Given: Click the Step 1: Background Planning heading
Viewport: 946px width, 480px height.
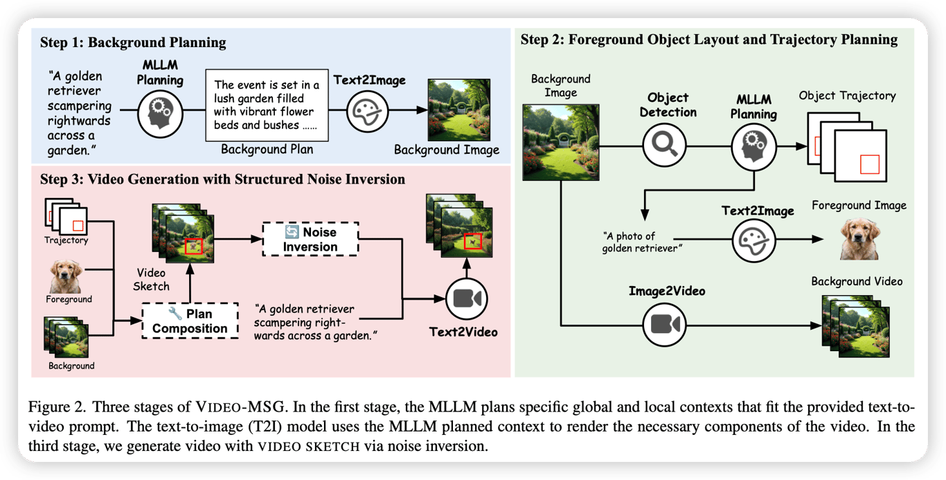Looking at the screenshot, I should click(133, 43).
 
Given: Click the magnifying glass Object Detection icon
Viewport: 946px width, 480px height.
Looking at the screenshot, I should click(664, 146).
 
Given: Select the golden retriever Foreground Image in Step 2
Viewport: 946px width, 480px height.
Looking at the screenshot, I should click(859, 239).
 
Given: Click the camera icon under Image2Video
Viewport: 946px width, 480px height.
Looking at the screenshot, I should click(664, 323).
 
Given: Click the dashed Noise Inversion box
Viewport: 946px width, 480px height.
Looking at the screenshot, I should click(311, 238).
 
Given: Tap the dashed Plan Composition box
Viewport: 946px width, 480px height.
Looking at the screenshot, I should click(190, 321).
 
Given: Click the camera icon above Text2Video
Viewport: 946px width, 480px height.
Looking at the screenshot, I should click(467, 299).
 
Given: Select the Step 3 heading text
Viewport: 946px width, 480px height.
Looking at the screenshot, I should click(222, 179).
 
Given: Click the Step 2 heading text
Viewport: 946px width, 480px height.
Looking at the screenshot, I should click(708, 39).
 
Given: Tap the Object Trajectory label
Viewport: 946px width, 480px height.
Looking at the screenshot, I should click(847, 96).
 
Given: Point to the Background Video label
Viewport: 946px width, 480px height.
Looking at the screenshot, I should click(857, 281).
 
